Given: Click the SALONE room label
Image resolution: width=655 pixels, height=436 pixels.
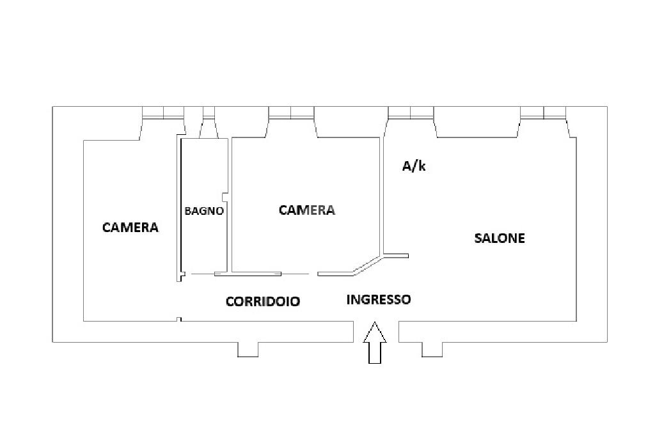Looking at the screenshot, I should tap(500, 238).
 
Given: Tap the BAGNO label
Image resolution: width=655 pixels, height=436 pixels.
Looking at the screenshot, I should tap(204, 210).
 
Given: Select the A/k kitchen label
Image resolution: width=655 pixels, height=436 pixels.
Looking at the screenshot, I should tap(414, 166).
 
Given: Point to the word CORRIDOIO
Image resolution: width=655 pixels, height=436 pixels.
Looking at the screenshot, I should tap(263, 302).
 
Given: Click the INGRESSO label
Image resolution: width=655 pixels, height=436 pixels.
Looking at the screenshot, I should tap(379, 299).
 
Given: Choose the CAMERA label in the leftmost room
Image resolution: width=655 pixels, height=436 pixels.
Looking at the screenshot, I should tap(130, 227).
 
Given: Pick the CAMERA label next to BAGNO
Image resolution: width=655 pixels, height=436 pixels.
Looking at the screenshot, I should tap(307, 210).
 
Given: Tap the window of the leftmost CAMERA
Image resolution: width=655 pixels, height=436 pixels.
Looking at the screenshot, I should tap(163, 113).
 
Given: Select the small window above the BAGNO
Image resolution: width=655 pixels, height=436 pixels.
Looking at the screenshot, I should tap(209, 113).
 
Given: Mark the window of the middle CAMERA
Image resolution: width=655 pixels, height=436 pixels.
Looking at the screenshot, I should tap(291, 113).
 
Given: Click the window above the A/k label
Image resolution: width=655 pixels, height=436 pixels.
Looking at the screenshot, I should tap(411, 113).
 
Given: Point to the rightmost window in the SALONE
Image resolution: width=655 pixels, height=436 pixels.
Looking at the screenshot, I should tap(543, 113).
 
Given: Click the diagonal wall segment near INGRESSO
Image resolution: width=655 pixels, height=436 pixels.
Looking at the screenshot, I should tap(368, 266).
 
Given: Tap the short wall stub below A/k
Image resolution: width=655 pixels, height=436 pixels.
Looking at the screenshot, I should tap(395, 256).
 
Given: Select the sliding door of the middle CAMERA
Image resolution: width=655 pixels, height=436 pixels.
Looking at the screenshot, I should tap(248, 274).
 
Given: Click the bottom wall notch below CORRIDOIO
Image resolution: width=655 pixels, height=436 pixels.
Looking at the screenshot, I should tap(248, 349).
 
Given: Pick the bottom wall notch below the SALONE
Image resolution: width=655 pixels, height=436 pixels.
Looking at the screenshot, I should tap(432, 349).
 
